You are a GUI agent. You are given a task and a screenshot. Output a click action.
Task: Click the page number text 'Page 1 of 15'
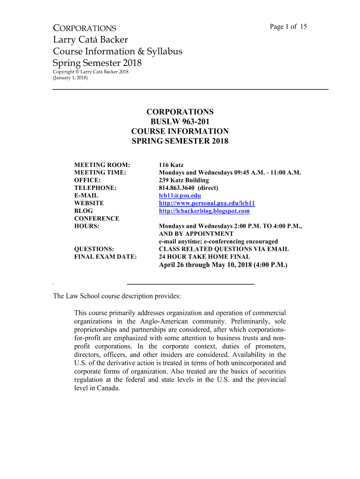[x=288, y=26]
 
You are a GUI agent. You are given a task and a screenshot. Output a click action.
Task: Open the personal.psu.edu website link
[x=207, y=203]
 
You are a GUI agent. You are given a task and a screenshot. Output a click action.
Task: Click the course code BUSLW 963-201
[x=180, y=122]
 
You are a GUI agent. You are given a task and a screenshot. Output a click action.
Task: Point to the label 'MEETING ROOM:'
[x=102, y=165]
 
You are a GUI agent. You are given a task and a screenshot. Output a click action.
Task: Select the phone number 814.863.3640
[x=175, y=188]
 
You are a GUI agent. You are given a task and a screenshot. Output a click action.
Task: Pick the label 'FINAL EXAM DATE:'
[x=106, y=256]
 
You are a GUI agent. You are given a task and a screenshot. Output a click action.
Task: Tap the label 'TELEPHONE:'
[x=95, y=188]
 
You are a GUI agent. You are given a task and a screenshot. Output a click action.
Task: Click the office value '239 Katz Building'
[x=184, y=180]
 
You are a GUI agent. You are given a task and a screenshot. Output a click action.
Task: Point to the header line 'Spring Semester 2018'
[x=97, y=63]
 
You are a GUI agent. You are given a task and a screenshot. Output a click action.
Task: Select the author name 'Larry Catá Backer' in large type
[x=90, y=40]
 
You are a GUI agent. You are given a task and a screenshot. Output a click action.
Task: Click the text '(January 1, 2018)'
[x=70, y=78]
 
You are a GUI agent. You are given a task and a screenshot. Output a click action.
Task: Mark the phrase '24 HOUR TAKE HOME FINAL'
[x=204, y=256]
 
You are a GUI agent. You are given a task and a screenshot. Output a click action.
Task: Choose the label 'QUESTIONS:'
[x=94, y=249]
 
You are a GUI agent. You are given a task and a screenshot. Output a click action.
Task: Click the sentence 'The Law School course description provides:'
[x=116, y=296]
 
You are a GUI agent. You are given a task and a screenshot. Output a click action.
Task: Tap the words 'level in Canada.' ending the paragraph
[x=97, y=388]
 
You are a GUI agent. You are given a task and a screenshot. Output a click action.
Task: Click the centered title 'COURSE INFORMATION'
[x=180, y=131]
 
